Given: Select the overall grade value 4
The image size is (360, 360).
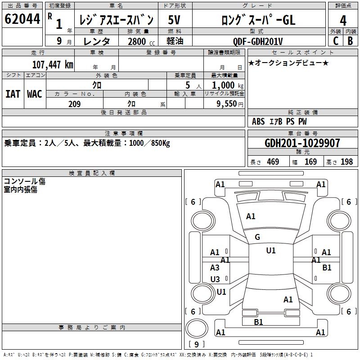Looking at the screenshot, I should pyautogui.click(x=343, y=21).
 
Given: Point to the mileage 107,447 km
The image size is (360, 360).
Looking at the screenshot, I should pyautogui.click(x=53, y=64).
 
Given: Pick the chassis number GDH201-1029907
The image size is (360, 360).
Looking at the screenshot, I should pyautogui.click(x=302, y=143).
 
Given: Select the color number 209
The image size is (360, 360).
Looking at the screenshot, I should pyautogui.click(x=74, y=104).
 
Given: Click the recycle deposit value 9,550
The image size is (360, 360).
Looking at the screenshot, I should pyautogui.click(x=227, y=104).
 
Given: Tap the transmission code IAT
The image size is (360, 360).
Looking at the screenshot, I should pyautogui.click(x=13, y=94).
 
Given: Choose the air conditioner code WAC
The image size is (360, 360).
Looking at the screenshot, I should pyautogui.click(x=35, y=94).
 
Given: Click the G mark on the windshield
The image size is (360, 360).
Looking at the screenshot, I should pyautogui.click(x=257, y=237).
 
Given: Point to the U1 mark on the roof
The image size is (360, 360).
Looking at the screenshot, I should pyautogui.click(x=271, y=251).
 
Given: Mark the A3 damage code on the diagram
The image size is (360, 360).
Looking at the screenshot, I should pyautogui.click(x=215, y=268).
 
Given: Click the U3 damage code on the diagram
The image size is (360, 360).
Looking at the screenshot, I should pyautogui.click(x=215, y=279).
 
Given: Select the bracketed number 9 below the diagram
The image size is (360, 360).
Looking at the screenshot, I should pyautogui.click(x=196, y=344).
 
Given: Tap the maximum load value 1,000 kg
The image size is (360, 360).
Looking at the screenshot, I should pyautogui.click(x=224, y=85).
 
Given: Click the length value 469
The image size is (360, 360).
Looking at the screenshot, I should pyautogui.click(x=273, y=162).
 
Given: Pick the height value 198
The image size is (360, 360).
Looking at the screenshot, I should pyautogui.click(x=346, y=162).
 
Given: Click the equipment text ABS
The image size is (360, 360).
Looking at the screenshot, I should pyautogui.click(x=258, y=121).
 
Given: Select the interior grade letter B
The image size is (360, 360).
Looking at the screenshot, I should pyautogui.click(x=350, y=41).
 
